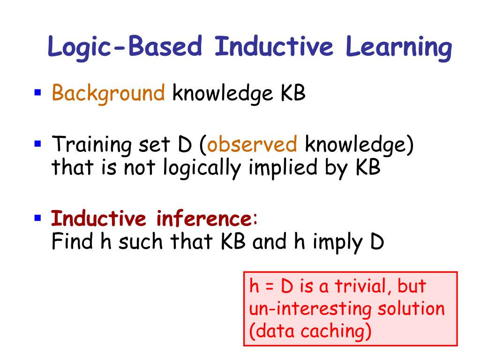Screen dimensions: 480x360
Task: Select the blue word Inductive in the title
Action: pos(274,46)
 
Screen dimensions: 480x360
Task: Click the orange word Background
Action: pos(108,93)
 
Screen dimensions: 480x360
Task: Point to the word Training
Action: pos(92,145)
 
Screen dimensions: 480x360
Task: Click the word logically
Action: pos(202,168)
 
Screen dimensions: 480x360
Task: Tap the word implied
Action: pos(283,168)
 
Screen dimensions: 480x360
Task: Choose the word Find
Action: pos(72,241)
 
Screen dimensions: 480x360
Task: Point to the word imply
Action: pos(337,243)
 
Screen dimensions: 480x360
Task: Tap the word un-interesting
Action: pos(310,309)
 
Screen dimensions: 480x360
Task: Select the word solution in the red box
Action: pos(411,308)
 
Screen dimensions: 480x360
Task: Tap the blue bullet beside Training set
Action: pos(37,143)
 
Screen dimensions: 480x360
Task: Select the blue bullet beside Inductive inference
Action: pos(37,218)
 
